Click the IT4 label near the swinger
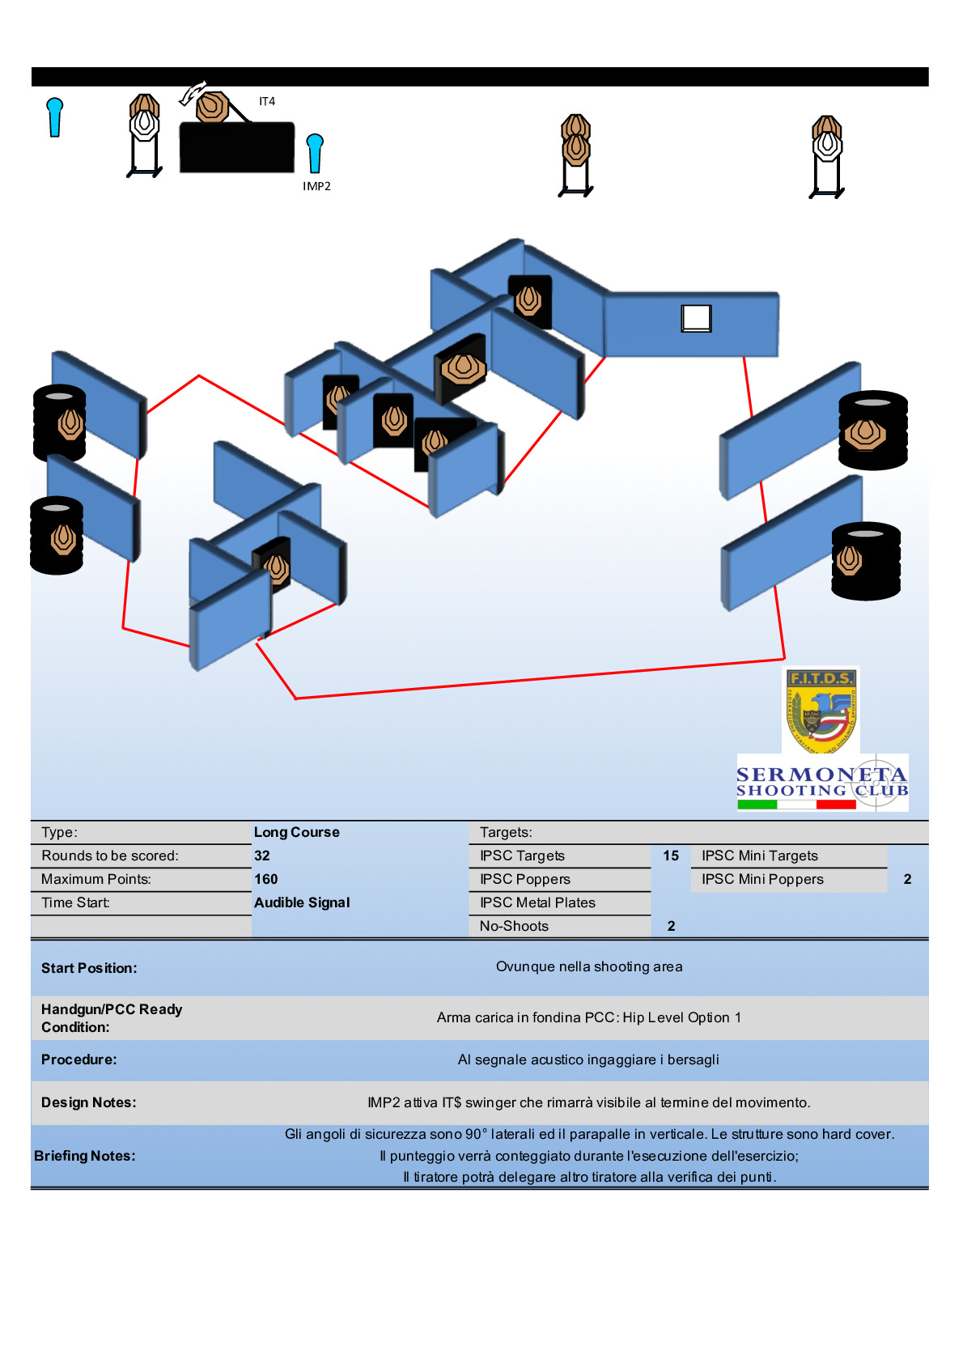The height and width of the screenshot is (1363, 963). click(x=267, y=101)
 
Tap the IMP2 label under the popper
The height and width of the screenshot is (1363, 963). click(x=316, y=186)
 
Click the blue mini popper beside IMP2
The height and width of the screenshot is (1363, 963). click(x=315, y=152)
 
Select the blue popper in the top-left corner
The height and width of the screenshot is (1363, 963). click(x=55, y=117)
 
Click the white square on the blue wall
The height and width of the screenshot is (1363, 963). click(x=696, y=318)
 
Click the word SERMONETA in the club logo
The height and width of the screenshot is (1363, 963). click(x=821, y=775)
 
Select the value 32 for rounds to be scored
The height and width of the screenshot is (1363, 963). click(x=262, y=856)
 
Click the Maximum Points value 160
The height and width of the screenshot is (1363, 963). click(x=265, y=879)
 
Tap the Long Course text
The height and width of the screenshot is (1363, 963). click(x=297, y=832)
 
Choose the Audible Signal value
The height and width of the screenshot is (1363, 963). click(x=302, y=902)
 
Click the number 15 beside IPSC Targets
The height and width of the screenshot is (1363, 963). click(x=671, y=856)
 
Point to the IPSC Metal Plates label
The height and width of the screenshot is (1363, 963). click(x=537, y=902)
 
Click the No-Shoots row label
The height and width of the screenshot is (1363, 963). click(x=514, y=926)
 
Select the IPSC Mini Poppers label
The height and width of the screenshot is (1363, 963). click(x=762, y=879)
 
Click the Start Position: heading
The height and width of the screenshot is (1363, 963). click(x=89, y=968)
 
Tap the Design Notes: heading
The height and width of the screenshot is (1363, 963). click(x=89, y=1102)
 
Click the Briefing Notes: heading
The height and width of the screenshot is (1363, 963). click(x=85, y=1156)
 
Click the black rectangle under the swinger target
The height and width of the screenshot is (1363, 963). click(x=236, y=147)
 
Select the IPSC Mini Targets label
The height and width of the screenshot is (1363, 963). click(x=760, y=856)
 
